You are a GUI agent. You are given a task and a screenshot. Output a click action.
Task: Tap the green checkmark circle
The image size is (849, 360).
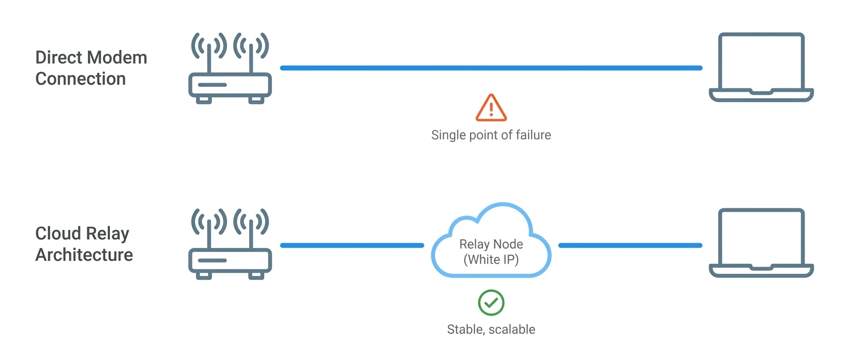click(491, 302)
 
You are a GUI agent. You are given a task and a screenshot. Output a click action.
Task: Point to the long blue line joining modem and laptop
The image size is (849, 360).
click(491, 68)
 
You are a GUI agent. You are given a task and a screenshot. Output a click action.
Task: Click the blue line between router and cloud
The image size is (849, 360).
click(352, 245)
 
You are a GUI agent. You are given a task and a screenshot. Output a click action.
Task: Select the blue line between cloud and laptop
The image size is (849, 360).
click(630, 245)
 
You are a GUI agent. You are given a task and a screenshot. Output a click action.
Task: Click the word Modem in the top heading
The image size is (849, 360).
click(117, 58)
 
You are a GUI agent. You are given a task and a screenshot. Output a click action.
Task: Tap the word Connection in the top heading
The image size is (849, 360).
click(80, 79)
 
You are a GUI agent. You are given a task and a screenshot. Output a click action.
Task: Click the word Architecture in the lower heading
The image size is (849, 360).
click(84, 254)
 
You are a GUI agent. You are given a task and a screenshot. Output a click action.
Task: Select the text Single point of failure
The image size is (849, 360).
click(491, 135)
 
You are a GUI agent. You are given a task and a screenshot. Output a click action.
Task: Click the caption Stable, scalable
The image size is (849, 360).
click(491, 329)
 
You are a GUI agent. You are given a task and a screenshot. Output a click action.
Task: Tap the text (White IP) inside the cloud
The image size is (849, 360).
click(491, 260)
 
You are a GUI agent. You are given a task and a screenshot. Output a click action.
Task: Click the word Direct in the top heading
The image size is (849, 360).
click(59, 58)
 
